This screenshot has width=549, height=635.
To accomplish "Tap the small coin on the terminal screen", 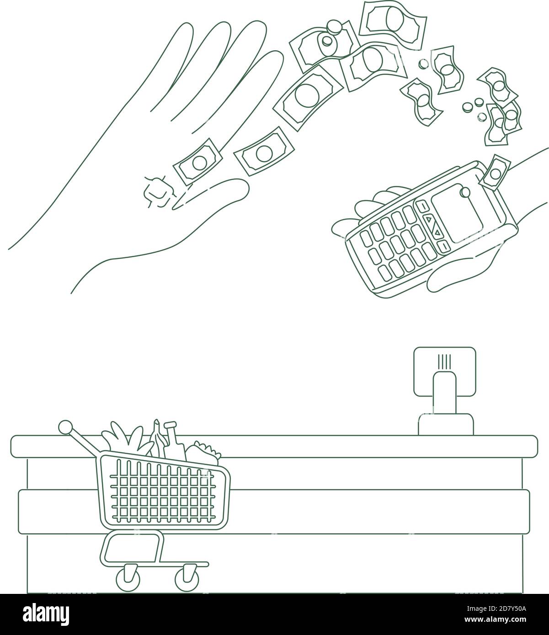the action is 465,192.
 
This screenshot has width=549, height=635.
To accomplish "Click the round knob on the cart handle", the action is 65,428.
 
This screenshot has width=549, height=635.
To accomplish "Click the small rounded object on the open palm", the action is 158,192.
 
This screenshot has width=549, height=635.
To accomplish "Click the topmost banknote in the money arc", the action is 393,22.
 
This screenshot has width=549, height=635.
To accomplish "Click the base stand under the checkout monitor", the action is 446,424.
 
